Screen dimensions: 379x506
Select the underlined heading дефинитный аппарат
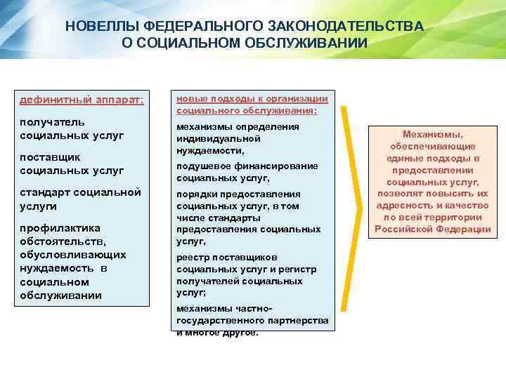click(82, 100)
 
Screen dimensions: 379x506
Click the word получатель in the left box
click(53, 122)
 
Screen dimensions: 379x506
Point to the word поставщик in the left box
click(51, 158)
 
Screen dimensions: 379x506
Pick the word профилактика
click(60, 228)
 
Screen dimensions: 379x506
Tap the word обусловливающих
click(73, 254)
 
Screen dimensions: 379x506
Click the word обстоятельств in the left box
click(63, 241)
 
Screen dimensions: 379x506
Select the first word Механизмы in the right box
click(433, 134)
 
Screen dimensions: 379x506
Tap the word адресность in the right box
click(403, 206)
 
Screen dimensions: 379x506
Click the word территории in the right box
click(452, 218)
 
